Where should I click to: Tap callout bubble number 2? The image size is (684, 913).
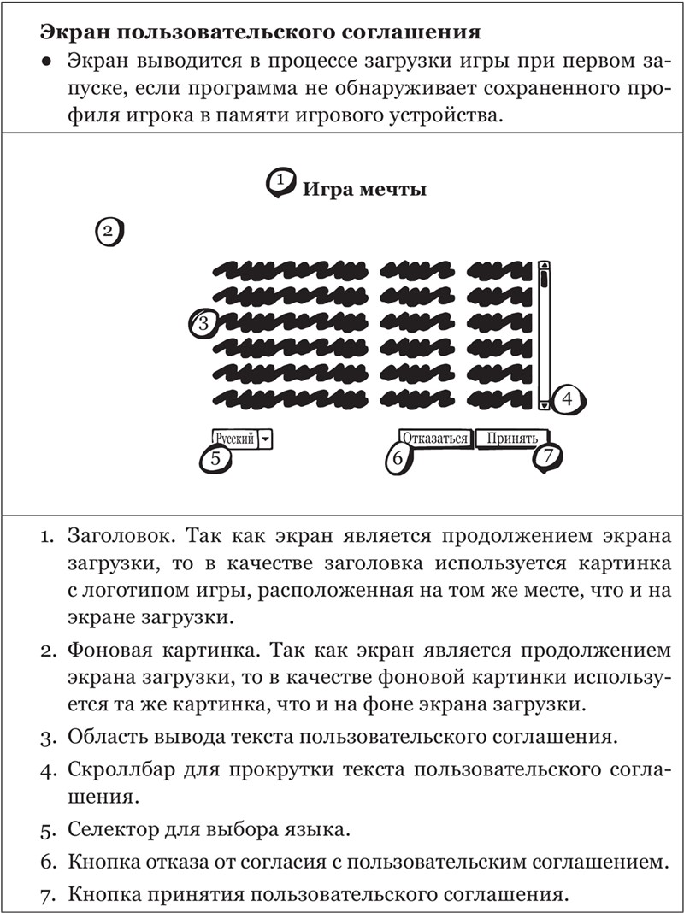tap(109, 232)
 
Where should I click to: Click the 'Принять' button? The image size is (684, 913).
tap(512, 439)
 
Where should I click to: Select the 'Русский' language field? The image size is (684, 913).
tap(235, 439)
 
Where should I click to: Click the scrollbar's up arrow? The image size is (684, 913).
tap(545, 266)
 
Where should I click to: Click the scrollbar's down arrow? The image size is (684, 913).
tap(545, 403)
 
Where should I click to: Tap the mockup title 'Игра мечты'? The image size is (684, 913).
tap(364, 189)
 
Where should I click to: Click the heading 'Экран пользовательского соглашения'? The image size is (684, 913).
tap(260, 33)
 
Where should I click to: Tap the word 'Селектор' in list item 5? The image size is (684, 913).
tap(113, 828)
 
